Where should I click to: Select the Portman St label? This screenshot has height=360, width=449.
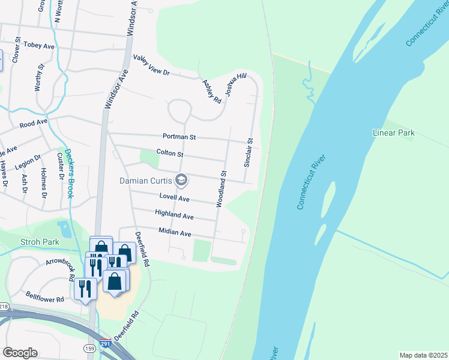(x=179, y=137)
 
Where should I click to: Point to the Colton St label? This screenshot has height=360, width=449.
(x=169, y=154)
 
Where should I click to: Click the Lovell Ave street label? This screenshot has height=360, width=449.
(x=174, y=198)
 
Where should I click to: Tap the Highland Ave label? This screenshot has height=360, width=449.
(x=174, y=215)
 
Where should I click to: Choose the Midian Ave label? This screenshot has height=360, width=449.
(x=175, y=232)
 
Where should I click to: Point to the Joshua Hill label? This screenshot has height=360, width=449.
(x=236, y=85)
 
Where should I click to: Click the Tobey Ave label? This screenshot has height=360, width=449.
(x=40, y=46)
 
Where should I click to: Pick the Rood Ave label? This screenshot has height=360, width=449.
(x=33, y=124)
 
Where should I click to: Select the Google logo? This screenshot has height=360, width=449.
(x=20, y=353)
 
